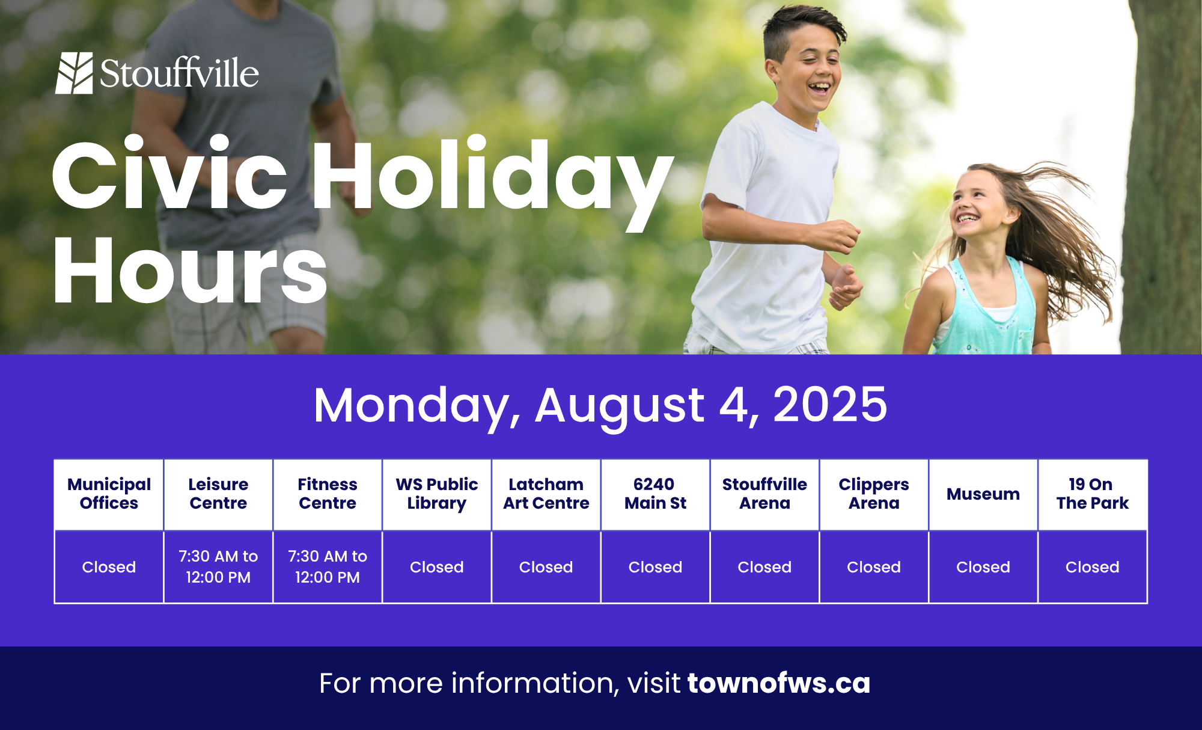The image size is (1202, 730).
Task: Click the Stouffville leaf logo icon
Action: pos(74,73)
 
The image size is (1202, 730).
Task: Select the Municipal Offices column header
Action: pos(109,494)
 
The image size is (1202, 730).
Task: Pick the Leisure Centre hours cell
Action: pos(218,566)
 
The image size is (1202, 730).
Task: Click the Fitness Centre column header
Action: pos(328,494)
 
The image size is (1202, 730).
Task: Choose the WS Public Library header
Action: pos(437,494)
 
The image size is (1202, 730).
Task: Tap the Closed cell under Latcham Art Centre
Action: pos(546,566)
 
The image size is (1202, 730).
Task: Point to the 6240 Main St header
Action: pos(655,494)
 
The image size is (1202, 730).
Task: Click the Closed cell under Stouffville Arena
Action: pos(764,566)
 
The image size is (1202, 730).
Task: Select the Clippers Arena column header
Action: pos(874,494)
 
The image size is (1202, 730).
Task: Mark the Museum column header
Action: pos(983,494)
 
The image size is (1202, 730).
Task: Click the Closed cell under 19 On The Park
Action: pos(1093,566)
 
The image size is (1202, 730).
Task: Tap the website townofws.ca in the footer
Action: pos(779,683)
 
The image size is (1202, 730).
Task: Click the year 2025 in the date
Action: pos(830,404)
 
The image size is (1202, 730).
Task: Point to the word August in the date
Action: pos(620,406)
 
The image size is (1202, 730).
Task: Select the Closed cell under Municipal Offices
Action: pos(109,566)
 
